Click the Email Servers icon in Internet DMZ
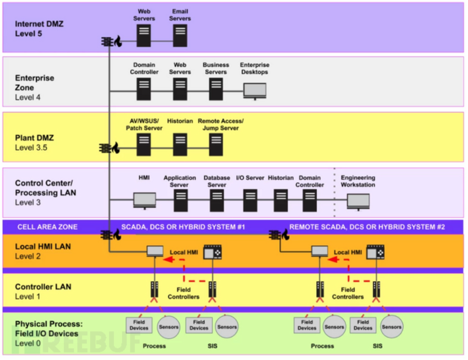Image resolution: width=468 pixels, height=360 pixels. click(x=180, y=36)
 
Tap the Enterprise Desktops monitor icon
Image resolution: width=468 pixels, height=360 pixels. click(x=255, y=91)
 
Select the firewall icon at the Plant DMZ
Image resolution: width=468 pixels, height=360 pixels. click(x=109, y=148)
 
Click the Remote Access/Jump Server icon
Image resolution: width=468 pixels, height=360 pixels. click(x=216, y=145)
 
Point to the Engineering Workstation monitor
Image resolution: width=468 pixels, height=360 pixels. click(x=358, y=201)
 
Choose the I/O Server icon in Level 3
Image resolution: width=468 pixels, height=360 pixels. click(x=250, y=200)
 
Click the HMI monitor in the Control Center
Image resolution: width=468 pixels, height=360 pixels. click(x=144, y=201)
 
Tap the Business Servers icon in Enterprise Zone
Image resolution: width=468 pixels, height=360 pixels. click(x=216, y=89)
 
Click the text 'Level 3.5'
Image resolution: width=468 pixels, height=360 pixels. click(x=31, y=148)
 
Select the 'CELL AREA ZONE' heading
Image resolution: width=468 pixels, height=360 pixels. click(x=48, y=227)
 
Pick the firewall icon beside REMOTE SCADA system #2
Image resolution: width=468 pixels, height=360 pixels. click(x=279, y=235)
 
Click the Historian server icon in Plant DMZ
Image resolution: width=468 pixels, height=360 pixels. click(x=180, y=145)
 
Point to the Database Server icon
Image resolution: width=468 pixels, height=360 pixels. click(x=217, y=200)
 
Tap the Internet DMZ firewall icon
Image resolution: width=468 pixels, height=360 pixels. click(x=111, y=42)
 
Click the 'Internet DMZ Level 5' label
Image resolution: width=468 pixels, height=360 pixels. click(x=39, y=29)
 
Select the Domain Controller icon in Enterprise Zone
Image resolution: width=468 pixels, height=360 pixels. click(x=143, y=89)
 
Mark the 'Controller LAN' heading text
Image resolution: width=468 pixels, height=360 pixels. click(x=43, y=287)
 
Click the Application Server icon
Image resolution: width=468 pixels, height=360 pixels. click(x=181, y=200)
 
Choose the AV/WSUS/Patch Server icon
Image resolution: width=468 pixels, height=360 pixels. click(x=143, y=145)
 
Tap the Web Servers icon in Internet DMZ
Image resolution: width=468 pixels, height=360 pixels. click(x=143, y=36)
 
